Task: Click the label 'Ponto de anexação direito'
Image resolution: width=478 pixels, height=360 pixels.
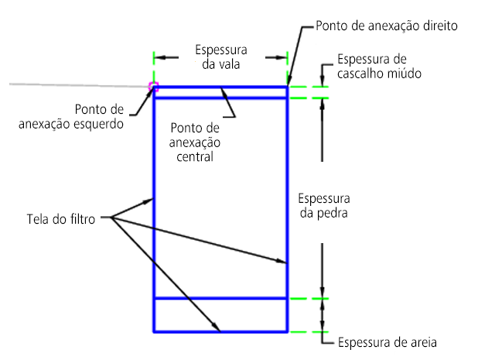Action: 387,26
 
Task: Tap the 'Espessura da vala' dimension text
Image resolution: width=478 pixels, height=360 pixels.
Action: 221,57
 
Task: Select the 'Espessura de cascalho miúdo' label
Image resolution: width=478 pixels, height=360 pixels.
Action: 379,67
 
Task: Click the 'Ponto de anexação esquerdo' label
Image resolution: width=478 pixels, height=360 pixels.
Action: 71,117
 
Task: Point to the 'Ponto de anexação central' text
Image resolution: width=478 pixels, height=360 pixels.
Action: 195,142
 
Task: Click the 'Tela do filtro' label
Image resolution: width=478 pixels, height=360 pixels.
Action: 61,219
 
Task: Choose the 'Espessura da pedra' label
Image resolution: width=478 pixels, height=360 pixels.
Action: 324,206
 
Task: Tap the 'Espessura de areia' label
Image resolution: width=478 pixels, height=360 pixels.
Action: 388,343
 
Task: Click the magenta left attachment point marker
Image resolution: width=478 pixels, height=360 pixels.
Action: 153,87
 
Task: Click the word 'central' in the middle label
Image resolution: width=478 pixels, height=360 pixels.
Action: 195,157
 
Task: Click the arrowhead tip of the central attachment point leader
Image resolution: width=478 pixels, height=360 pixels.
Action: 222,88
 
